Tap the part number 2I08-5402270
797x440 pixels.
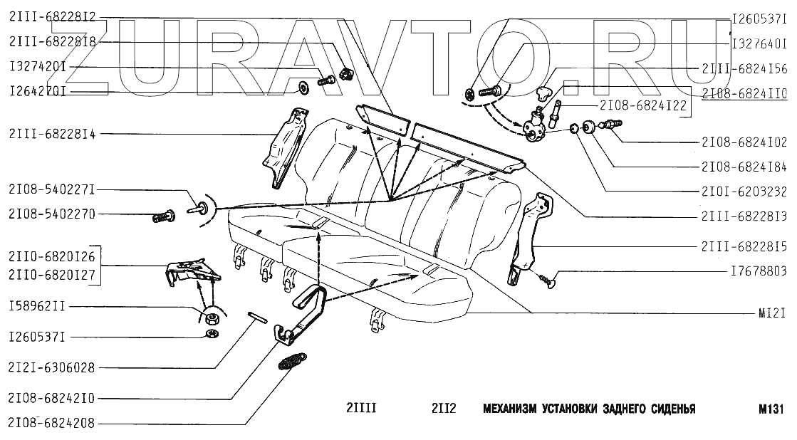coord(52,214)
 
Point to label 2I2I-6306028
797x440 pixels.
coord(52,368)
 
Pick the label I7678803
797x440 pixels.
coord(759,271)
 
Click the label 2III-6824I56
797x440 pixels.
coord(744,68)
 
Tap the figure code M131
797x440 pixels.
coord(771,409)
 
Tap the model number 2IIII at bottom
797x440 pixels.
coord(361,409)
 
